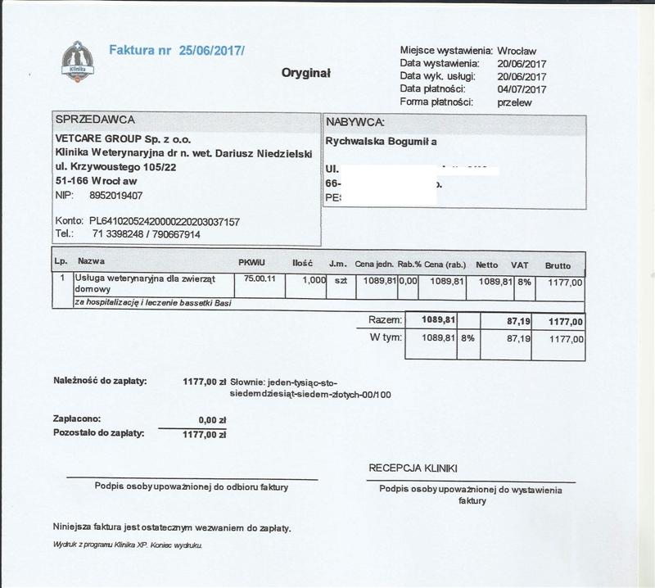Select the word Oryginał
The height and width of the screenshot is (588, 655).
(x=305, y=73)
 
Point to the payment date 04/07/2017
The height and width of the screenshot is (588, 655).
(x=522, y=89)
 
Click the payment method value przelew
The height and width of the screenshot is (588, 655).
(x=514, y=102)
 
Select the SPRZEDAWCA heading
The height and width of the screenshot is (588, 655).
(x=95, y=120)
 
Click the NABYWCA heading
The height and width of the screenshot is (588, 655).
(x=355, y=122)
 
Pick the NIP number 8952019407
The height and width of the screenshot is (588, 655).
(x=115, y=196)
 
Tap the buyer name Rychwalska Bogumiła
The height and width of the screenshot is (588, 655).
(x=382, y=142)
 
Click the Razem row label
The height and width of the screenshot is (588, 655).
(x=385, y=319)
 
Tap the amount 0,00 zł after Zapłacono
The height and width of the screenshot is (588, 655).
(x=212, y=418)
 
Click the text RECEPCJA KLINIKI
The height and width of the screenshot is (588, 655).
(x=413, y=468)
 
